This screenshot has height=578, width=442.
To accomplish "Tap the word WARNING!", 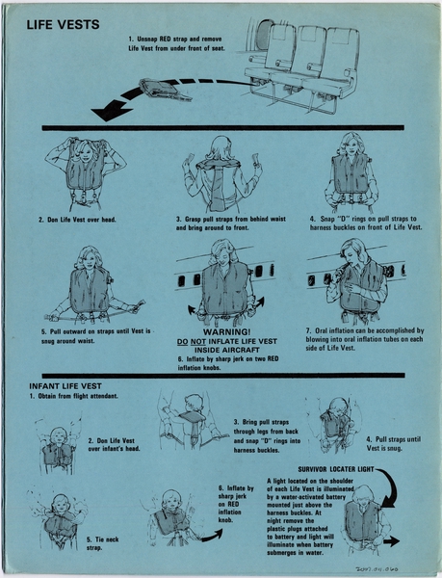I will tap(227, 330).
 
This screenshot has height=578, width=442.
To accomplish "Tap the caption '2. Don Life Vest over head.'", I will tap(77, 220).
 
